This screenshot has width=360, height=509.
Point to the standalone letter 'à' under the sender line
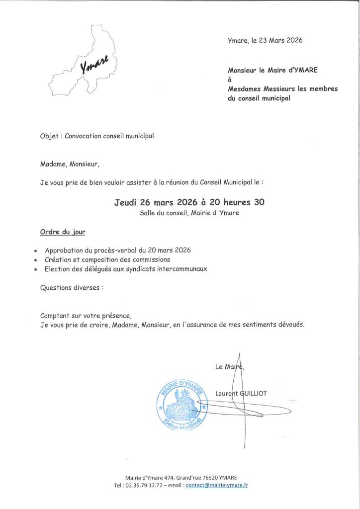pos(230,80)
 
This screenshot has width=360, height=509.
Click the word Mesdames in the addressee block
pos(244,88)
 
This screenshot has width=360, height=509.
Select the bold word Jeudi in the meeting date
pos(129,202)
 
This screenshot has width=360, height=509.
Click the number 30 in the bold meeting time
pos(259,202)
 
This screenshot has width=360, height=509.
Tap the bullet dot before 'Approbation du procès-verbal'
pos(35,251)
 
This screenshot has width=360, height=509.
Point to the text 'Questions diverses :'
pos(72,287)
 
